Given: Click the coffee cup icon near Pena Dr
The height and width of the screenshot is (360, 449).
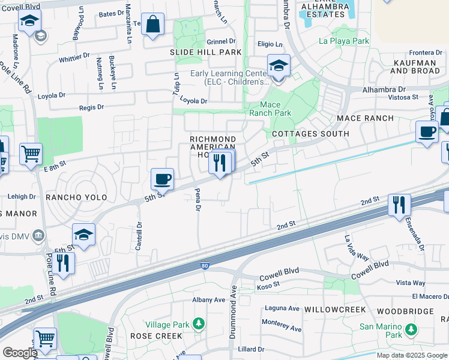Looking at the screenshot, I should tap(162, 178).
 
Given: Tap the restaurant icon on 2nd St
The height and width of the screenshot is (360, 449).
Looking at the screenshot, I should tap(399, 205).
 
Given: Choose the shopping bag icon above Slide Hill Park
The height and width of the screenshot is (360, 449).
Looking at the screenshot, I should tap(154, 25).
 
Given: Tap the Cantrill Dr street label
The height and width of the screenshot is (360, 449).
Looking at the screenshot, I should tap(139, 236).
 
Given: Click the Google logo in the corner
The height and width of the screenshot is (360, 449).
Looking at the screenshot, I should tap(19, 353).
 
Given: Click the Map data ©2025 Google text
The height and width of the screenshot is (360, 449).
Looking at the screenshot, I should tap(411, 355).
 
